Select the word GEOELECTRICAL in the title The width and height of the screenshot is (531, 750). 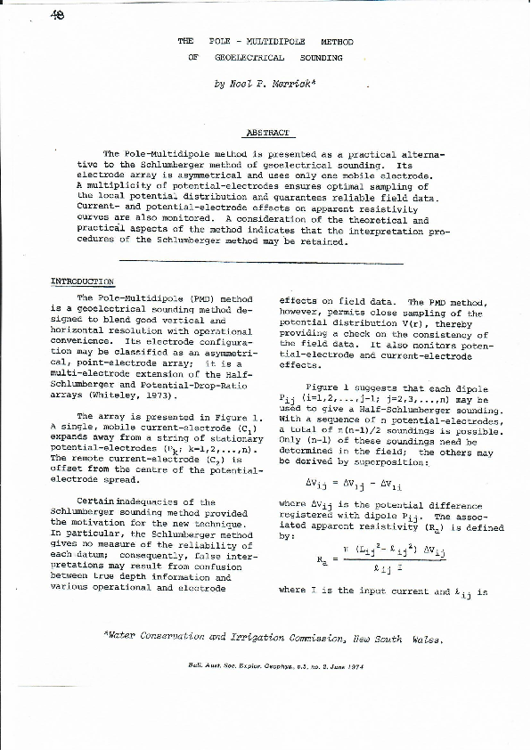[x=249, y=57]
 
